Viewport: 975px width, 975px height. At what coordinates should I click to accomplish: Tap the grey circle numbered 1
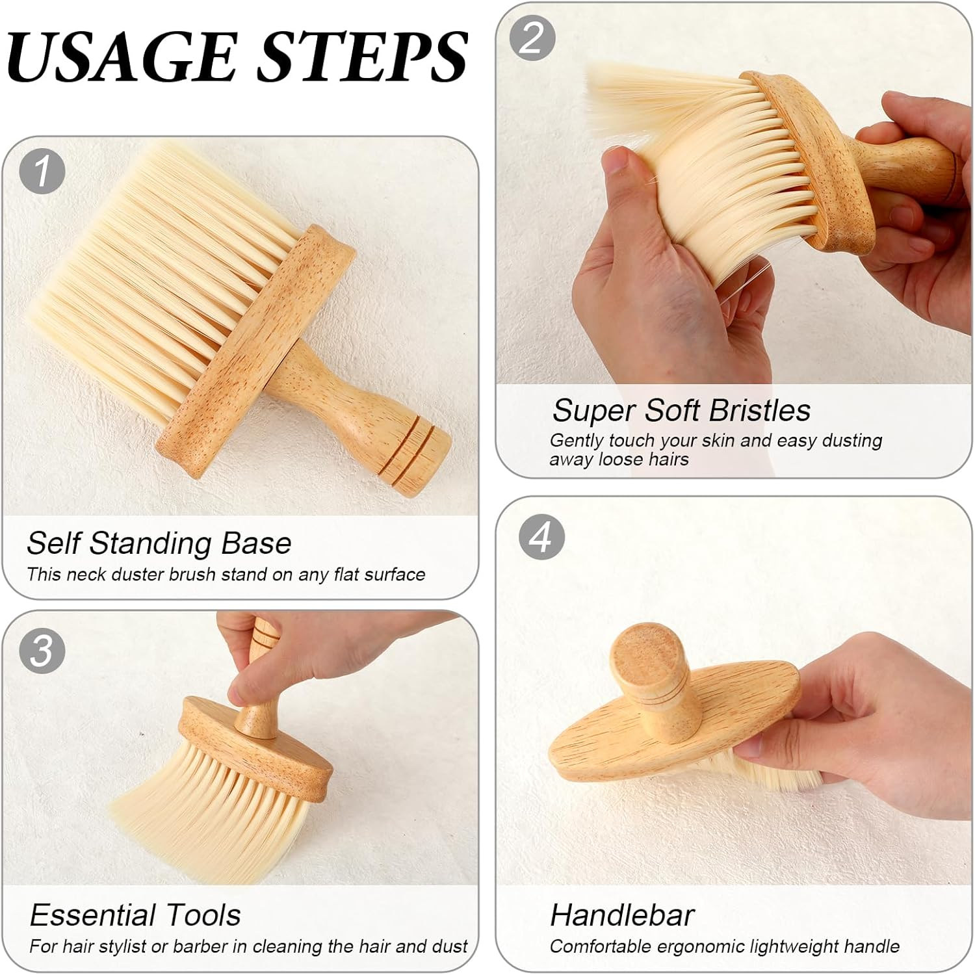coord(42,172)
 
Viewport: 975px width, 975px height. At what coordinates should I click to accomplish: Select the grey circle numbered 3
coord(42,650)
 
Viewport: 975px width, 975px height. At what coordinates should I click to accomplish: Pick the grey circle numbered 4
coord(541,538)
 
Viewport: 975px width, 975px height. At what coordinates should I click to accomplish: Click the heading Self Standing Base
coord(159,543)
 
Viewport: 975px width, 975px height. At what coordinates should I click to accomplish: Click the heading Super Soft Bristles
coord(681,411)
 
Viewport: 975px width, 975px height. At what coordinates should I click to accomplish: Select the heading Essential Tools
coord(135,915)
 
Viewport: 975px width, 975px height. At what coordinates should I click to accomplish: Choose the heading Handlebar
coord(622,915)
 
